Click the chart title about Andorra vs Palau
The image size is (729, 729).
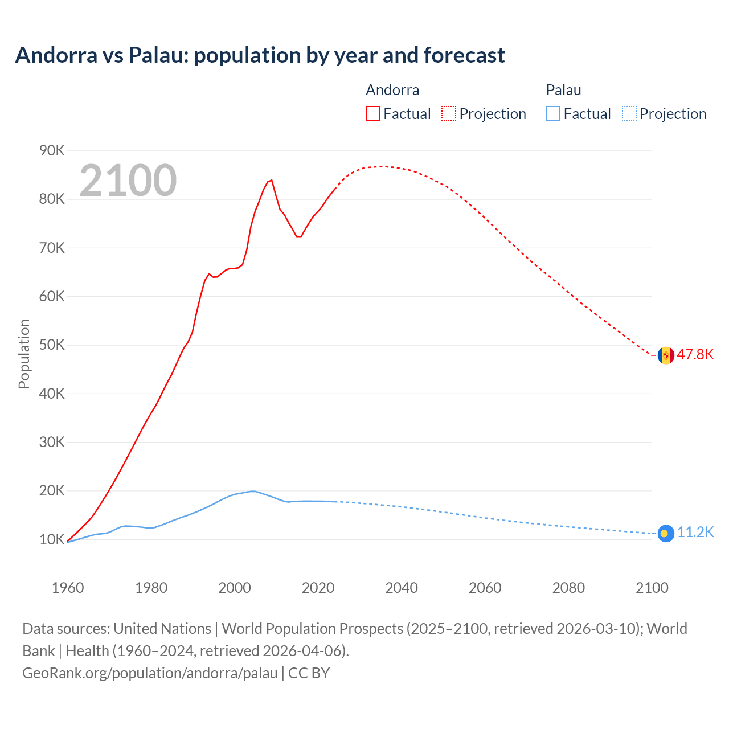260,55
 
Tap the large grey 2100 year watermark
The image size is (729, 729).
128,181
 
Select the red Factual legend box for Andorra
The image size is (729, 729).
373,114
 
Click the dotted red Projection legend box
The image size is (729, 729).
449,114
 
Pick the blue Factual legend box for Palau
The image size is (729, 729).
553,114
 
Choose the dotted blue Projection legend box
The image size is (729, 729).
629,114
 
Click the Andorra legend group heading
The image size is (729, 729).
392,90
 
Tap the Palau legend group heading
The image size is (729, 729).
563,90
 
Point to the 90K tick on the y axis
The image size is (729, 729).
52,151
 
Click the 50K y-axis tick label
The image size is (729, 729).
52,345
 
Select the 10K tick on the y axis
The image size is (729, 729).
52,539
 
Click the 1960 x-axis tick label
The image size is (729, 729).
68,588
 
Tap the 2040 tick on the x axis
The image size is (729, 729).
402,588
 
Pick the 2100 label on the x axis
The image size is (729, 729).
652,588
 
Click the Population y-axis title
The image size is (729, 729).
24,354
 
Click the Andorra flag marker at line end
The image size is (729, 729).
666,355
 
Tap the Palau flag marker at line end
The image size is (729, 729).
666,534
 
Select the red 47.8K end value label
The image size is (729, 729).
695,354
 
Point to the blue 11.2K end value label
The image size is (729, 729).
695,533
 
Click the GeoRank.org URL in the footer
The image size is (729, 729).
150,673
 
